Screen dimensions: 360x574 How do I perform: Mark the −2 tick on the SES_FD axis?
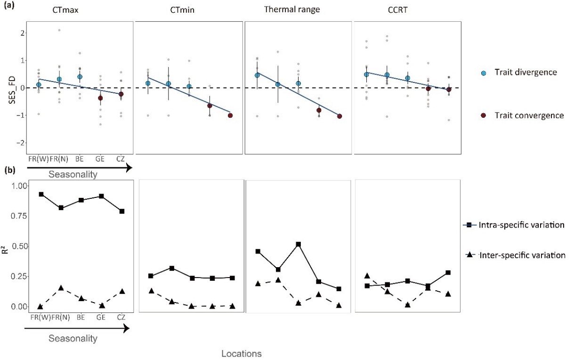(18, 142)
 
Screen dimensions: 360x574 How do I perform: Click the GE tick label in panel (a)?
(100, 159)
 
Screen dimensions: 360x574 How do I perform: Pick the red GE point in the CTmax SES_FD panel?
(100, 98)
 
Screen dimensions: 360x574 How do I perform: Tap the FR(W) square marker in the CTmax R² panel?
(41, 194)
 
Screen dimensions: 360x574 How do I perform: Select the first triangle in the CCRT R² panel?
(367, 276)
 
